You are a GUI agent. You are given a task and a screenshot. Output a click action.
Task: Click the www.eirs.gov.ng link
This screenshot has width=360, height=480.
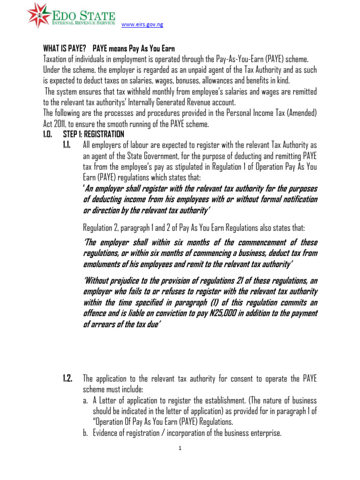point(142,25)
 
